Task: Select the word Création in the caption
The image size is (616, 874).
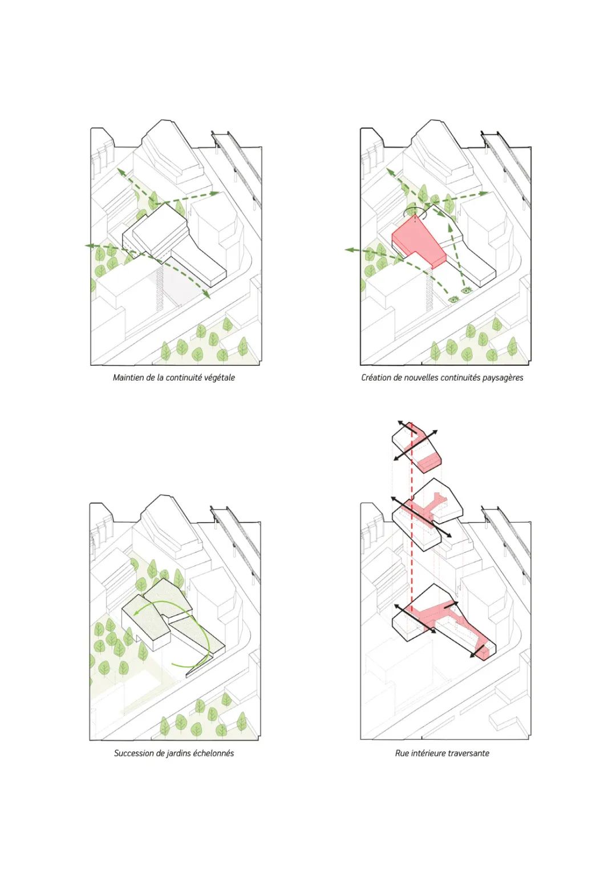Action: point(375,378)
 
